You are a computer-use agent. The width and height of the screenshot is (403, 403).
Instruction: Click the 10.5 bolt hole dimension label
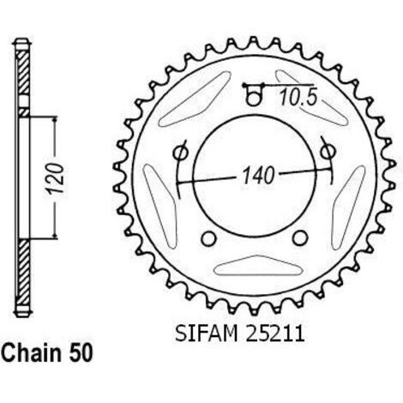298,97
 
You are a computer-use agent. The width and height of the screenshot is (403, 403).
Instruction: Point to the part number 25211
274,334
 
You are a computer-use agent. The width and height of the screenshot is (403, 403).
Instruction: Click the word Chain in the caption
33,353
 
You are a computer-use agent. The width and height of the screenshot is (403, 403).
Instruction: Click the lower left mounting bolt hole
208,238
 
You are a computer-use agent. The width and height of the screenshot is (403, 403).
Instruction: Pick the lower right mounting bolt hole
300,238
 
